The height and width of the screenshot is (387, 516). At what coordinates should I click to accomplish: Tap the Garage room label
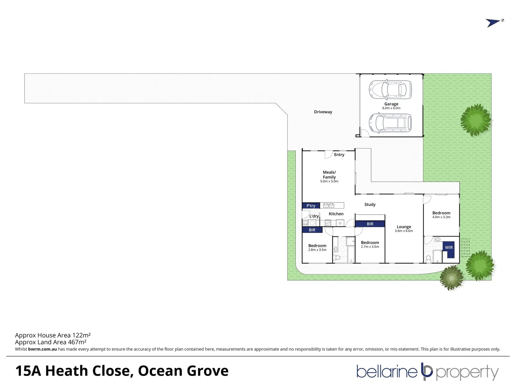pyautogui.click(x=391, y=106)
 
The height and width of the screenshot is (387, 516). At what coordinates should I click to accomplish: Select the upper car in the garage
pyautogui.click(x=390, y=89)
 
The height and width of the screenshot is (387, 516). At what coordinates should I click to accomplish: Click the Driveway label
pyautogui.click(x=323, y=112)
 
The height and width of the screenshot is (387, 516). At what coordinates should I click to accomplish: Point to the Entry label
pyautogui.click(x=339, y=155)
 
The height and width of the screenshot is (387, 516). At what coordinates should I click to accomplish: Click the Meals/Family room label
pyautogui.click(x=329, y=176)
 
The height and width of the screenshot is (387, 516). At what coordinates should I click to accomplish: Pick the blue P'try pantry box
pyautogui.click(x=311, y=206)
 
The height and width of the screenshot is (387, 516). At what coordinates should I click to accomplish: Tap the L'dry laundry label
pyautogui.click(x=314, y=216)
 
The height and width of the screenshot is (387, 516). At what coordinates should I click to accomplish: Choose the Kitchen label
pyautogui.click(x=336, y=214)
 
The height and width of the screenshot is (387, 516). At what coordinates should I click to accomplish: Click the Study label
pyautogui.click(x=370, y=205)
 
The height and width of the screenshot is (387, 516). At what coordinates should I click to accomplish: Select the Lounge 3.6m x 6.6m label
pyautogui.click(x=404, y=229)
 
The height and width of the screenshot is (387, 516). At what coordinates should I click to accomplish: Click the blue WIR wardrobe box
pyautogui.click(x=449, y=247)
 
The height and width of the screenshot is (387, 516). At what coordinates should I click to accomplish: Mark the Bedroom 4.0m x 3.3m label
pyautogui.click(x=441, y=215)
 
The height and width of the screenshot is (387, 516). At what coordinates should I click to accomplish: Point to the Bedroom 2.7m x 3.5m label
pyautogui.click(x=370, y=244)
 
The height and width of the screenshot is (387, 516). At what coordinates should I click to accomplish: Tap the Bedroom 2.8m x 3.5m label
pyautogui.click(x=317, y=247)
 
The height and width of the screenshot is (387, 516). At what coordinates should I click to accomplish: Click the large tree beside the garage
pyautogui.click(x=476, y=120)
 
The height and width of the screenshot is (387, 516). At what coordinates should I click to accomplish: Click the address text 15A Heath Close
pyautogui.click(x=72, y=371)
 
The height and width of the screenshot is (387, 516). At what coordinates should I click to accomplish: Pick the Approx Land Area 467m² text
pyautogui.click(x=51, y=342)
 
